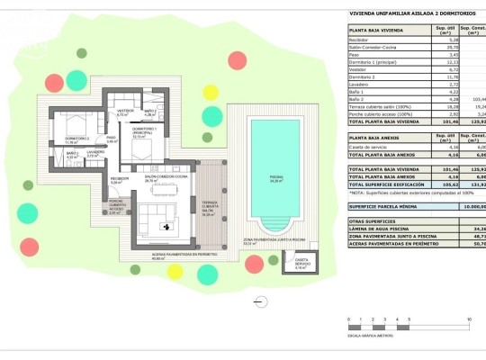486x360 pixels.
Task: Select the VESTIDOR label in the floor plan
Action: [x=124, y=112]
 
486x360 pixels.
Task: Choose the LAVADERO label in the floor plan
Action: [x=94, y=153]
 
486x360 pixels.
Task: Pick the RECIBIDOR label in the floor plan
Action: [x=119, y=180]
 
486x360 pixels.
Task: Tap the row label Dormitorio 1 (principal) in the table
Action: [x=378, y=62]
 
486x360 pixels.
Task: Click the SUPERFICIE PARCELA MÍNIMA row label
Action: [x=387, y=206]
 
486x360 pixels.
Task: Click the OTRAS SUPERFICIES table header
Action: [x=371, y=220]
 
